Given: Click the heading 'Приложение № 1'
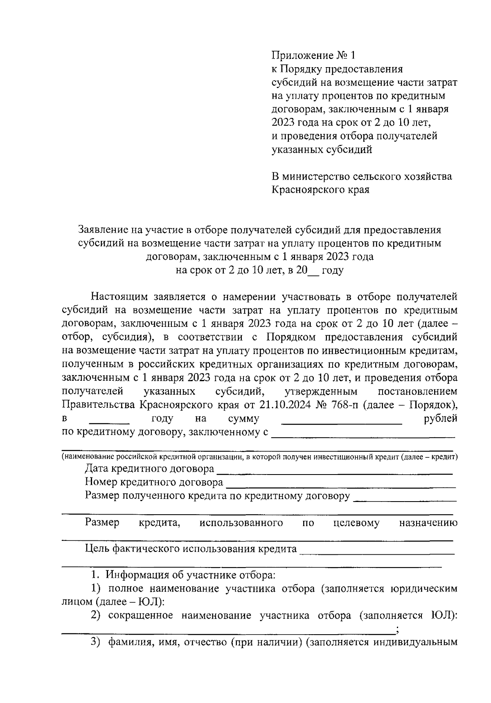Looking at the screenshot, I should pos(314,55).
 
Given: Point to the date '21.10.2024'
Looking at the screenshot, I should pos(284,405).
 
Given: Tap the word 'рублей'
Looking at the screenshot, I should pos(441,419).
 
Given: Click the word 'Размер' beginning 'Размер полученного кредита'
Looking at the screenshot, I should pos(102,496).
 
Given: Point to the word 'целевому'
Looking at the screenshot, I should pos(356,523).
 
